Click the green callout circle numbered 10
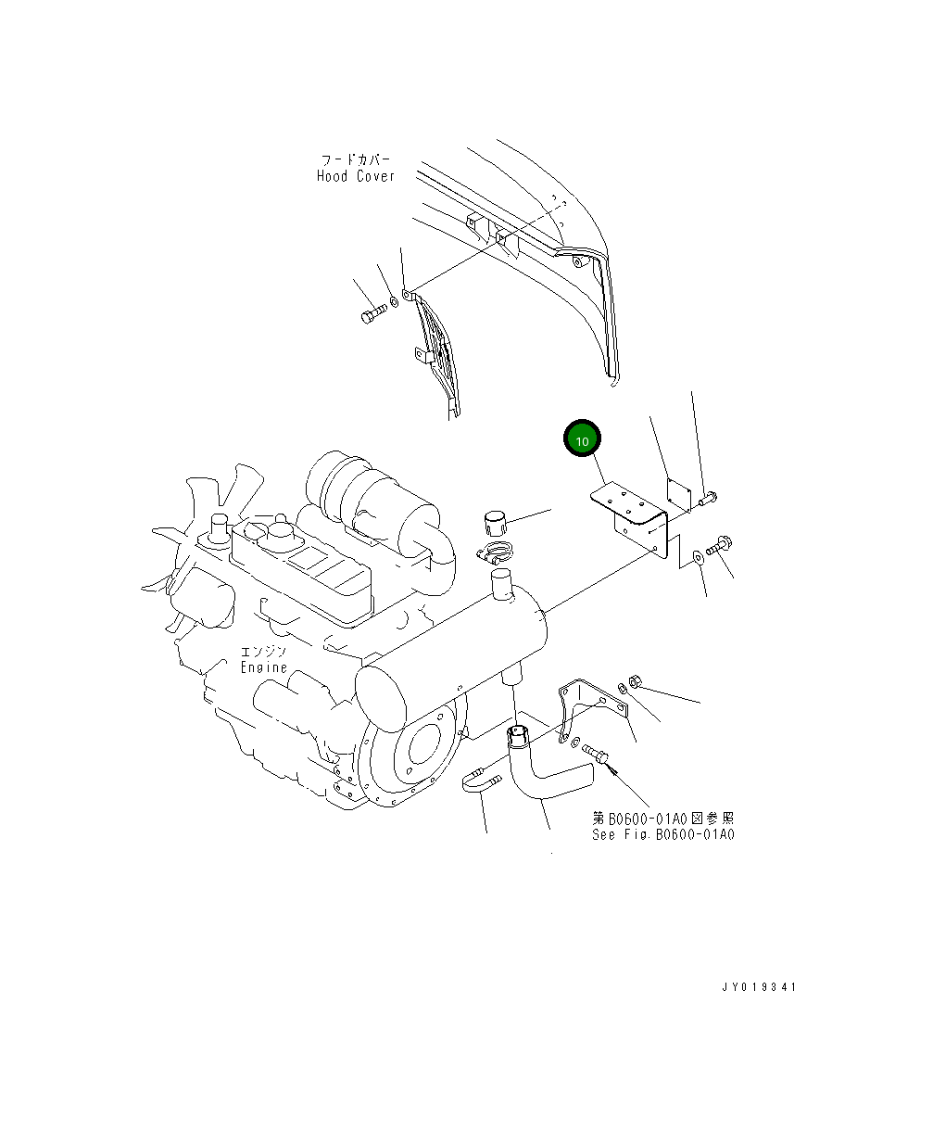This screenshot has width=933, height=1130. tap(582, 441)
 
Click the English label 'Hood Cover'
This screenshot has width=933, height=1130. tap(355, 176)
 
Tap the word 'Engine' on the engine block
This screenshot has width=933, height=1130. tap(264, 667)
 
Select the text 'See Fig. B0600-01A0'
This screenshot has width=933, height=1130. tap(663, 834)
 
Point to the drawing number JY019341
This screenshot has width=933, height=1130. tap(759, 987)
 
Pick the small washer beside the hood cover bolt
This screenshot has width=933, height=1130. tap(394, 301)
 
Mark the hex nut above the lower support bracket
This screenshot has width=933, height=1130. tap(627, 683)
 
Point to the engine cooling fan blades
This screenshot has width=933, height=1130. tap(185, 538)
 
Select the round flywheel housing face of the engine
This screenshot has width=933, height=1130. tap(417, 751)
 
